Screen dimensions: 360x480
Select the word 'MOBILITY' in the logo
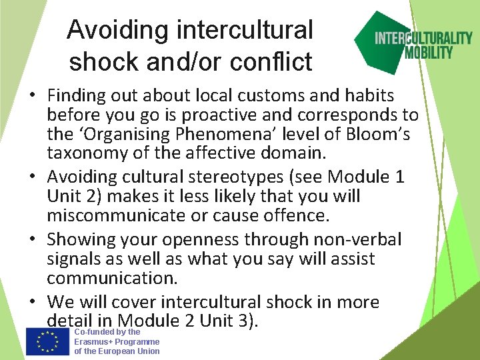click(429, 52)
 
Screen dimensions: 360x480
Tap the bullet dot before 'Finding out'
click(33, 97)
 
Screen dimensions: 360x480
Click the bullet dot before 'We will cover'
click(33, 303)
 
